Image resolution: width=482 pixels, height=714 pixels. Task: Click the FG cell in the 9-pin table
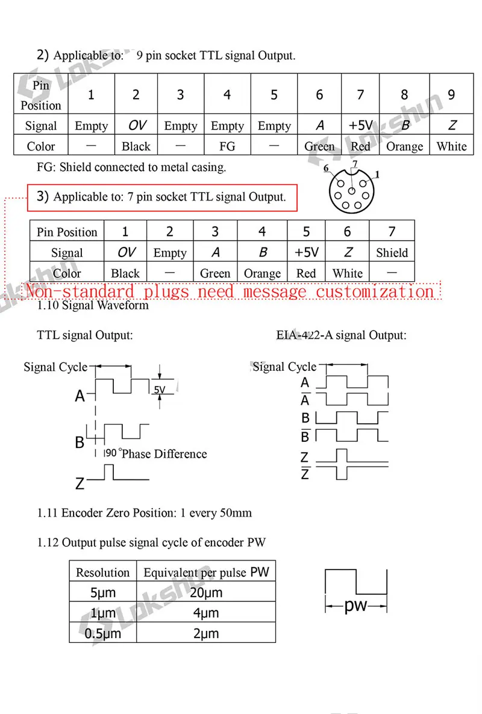click(x=227, y=146)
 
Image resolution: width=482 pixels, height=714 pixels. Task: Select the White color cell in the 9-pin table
click(x=451, y=146)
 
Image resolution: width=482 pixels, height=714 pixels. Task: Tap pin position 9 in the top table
click(x=451, y=95)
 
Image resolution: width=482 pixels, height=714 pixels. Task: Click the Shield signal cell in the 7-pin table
click(x=392, y=253)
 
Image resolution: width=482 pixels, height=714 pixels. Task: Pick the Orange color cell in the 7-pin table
click(x=262, y=273)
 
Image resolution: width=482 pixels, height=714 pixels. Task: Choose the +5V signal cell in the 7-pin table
click(x=306, y=253)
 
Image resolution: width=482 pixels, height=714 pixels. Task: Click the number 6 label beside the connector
click(x=326, y=169)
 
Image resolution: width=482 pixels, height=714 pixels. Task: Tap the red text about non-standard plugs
click(x=229, y=291)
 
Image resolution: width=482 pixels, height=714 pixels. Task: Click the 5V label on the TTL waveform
click(x=160, y=390)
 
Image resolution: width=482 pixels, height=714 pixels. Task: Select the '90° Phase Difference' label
click(x=156, y=454)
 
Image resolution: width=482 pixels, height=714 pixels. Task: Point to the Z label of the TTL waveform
click(x=80, y=483)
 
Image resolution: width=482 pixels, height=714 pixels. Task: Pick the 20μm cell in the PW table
click(x=207, y=592)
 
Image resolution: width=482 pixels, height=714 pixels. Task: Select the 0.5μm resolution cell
click(x=103, y=633)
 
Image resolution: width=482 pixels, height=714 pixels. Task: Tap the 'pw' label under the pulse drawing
click(x=355, y=606)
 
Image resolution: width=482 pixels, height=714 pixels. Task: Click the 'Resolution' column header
click(x=103, y=572)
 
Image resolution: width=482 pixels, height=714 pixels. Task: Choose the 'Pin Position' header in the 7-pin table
click(x=67, y=232)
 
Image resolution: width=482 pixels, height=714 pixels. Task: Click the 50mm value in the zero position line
click(x=236, y=513)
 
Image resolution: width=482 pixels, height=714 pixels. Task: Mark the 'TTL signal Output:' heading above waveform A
click(x=85, y=335)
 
